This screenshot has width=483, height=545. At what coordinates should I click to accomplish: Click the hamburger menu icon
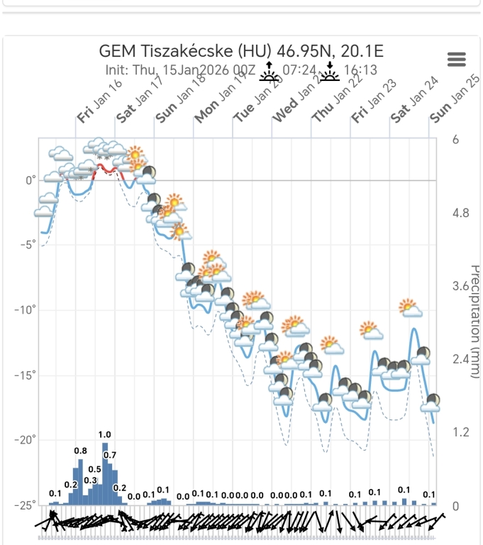tap(457, 60)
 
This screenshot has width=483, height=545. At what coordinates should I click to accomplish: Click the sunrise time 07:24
tap(299, 70)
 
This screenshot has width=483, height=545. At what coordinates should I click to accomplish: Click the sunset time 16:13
tap(360, 70)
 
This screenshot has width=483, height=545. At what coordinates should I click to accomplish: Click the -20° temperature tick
tap(26, 440)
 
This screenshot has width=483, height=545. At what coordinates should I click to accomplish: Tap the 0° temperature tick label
tap(30, 180)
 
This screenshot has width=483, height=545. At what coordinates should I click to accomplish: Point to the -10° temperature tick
tap(26, 310)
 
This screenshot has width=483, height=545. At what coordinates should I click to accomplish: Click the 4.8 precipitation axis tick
tap(461, 213)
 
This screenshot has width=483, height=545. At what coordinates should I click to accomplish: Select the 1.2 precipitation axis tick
tap(461, 432)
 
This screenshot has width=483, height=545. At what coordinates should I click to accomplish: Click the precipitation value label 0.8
tap(80, 451)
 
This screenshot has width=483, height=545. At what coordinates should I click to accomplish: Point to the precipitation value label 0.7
tap(110, 455)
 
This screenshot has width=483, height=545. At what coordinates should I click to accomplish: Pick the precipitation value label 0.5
tap(94, 469)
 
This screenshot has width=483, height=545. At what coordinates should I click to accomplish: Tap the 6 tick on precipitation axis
tap(455, 139)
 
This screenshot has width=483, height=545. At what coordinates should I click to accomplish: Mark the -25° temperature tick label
tap(26, 505)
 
